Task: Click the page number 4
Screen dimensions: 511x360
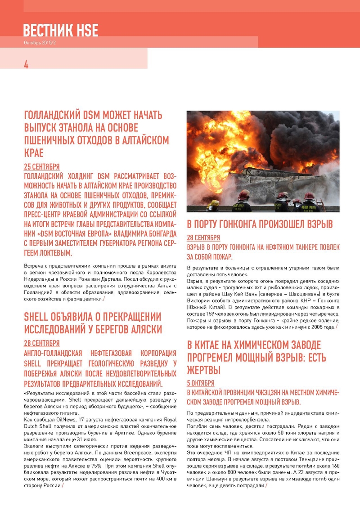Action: (x=26, y=65)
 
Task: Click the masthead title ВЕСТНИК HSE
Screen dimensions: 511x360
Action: (x=61, y=31)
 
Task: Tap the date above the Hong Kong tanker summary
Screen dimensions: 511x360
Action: (x=203, y=238)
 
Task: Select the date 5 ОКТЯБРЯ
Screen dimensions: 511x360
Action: (x=201, y=383)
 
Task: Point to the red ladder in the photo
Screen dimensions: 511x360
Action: (x=320, y=205)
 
